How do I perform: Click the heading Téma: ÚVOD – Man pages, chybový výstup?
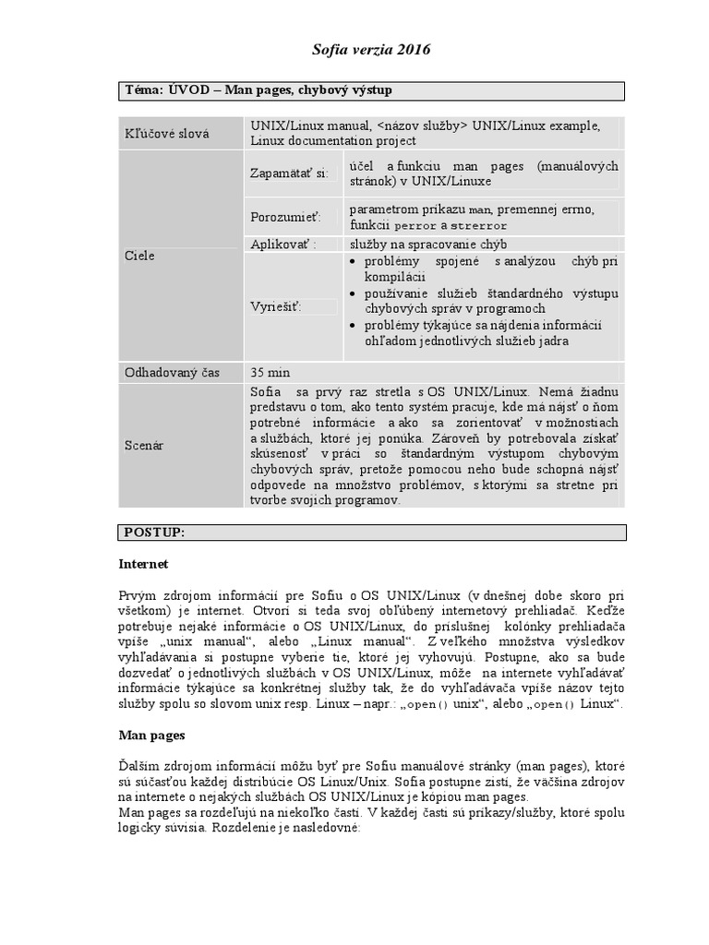tap(264, 90)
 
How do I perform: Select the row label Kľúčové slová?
tap(167, 134)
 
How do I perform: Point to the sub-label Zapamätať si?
tap(289, 173)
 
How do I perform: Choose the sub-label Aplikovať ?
tap(283, 245)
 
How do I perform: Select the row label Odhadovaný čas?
tap(173, 372)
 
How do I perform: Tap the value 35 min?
tap(270, 372)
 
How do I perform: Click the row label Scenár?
tap(144, 445)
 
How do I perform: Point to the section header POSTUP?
tap(154, 532)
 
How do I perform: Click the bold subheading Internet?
tap(143, 563)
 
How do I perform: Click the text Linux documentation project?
tap(332, 141)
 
